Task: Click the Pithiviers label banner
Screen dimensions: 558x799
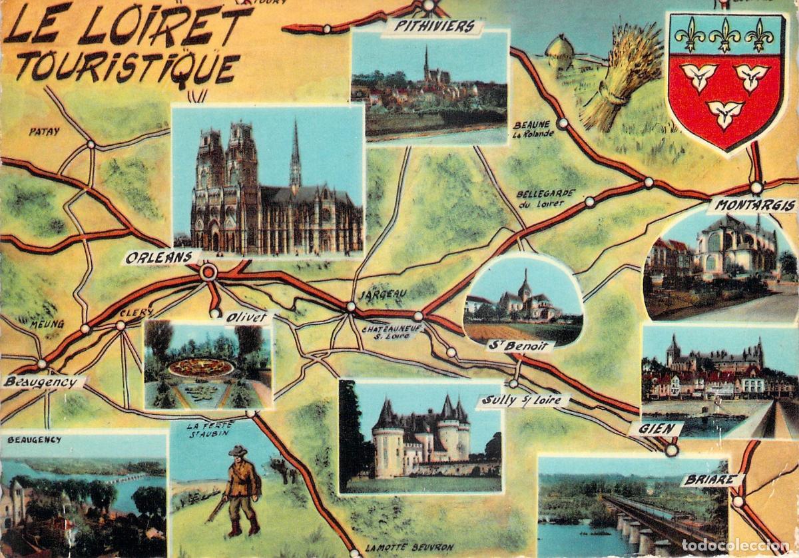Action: [433, 27]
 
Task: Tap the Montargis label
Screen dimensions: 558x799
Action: [752, 205]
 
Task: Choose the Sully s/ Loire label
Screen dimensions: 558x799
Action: [523, 401]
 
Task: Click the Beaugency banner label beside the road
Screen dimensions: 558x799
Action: [44, 382]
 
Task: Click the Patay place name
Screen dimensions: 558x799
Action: [44, 131]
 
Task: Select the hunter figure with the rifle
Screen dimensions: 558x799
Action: [240, 491]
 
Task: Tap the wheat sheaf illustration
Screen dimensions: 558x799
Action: [620, 77]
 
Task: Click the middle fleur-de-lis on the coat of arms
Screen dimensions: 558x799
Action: [724, 35]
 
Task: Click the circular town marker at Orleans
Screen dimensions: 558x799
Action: [208, 272]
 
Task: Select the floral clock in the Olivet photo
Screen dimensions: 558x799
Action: [201, 368]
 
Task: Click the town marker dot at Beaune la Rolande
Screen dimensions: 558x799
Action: [563, 123]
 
